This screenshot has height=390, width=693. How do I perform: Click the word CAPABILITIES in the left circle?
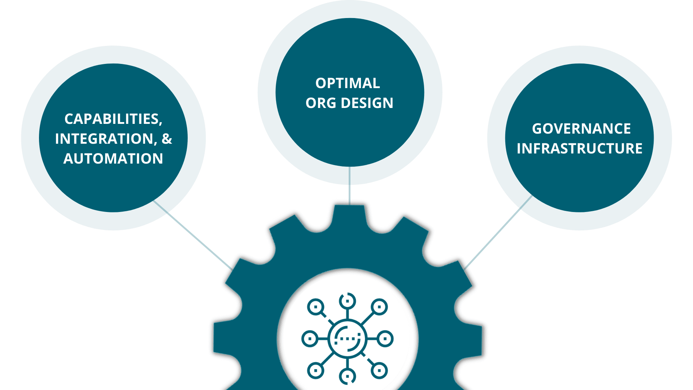tap(112, 119)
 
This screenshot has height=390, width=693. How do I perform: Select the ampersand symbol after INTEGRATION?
tap(167, 139)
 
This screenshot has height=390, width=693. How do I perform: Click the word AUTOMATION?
tap(113, 159)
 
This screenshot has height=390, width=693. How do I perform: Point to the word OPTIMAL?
tap(348, 83)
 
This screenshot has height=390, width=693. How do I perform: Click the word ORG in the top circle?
tap(321, 103)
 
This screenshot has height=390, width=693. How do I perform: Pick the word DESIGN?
tap(367, 103)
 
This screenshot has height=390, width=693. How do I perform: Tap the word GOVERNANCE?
tap(581, 129)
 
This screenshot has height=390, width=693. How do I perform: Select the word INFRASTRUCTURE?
tap(579, 148)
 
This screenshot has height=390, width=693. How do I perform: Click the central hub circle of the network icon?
tap(347, 339)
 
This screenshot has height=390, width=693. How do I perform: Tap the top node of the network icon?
tap(347, 301)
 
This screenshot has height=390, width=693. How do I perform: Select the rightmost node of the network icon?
tap(385, 339)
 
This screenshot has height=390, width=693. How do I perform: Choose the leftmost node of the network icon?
tap(309, 339)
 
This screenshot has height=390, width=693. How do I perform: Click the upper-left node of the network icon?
tap(316, 307)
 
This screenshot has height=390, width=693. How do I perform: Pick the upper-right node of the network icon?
tap(379, 307)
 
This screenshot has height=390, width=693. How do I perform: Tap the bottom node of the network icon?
tap(347, 376)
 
